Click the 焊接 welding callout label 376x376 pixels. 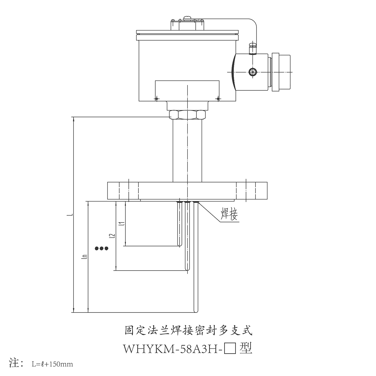point(229,214)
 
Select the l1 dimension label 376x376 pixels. point(122,224)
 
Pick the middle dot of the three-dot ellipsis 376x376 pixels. point(101,248)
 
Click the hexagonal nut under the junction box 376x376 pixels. point(187,115)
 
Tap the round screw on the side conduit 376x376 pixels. point(253,72)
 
